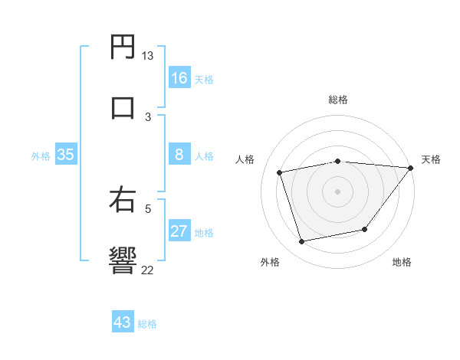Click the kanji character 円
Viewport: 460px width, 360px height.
[123, 47]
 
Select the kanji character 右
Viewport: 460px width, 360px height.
[123, 199]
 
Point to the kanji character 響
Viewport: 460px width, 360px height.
[123, 259]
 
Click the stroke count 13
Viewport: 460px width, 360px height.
[147, 56]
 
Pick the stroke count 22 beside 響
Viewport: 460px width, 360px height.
[147, 269]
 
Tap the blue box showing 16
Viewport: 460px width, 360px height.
[179, 78]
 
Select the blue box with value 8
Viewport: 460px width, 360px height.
[179, 155]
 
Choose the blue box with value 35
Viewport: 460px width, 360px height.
[66, 155]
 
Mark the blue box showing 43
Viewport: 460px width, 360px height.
[123, 322]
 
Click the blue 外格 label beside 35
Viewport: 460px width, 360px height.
[41, 156]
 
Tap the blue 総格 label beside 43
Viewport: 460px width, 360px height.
[147, 324]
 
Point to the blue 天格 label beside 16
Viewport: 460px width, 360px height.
[204, 80]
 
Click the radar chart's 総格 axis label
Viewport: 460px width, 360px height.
[338, 100]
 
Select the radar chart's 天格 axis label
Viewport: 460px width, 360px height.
[431, 159]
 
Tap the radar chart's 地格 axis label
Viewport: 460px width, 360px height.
[402, 263]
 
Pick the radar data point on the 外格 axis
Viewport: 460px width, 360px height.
[302, 242]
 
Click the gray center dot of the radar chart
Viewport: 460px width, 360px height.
[338, 191]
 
